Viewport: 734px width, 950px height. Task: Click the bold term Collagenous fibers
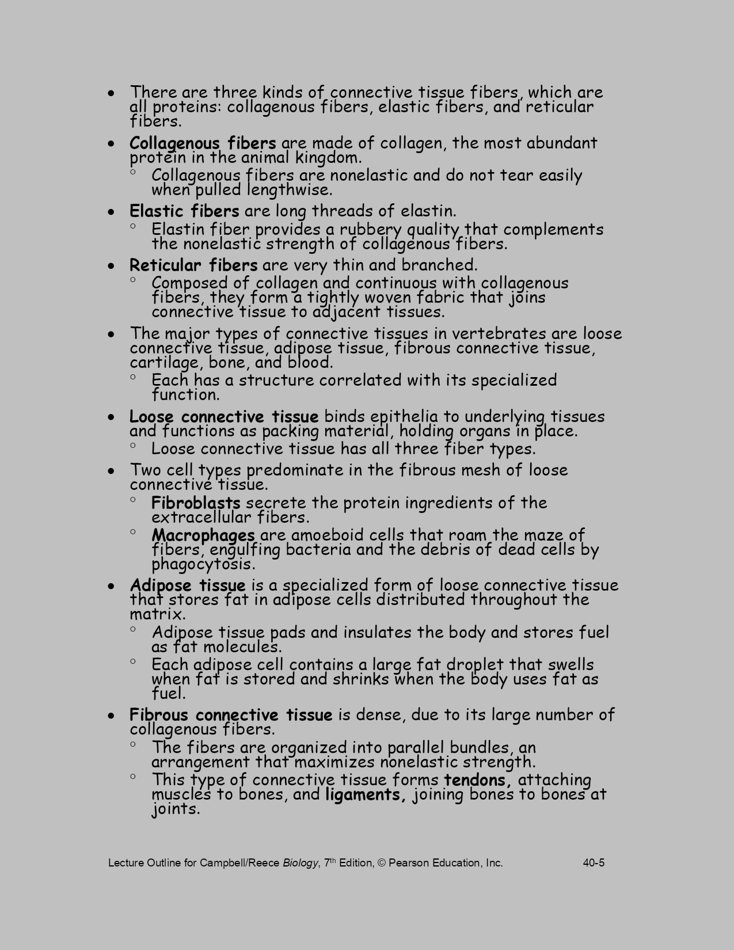click(203, 143)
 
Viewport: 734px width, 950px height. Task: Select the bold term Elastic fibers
click(184, 211)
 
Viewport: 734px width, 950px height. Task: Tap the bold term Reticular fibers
click(193, 265)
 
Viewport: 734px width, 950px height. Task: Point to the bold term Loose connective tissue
click(224, 416)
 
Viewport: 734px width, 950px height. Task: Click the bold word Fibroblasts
click(196, 503)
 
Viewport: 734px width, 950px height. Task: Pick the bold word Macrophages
click(203, 535)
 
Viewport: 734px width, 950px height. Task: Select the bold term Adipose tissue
click(188, 586)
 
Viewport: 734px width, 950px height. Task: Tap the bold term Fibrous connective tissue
click(231, 715)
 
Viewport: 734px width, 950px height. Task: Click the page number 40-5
click(594, 862)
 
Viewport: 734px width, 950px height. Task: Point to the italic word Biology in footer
click(300, 862)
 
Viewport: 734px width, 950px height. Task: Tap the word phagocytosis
click(203, 564)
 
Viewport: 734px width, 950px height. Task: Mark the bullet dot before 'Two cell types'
click(111, 471)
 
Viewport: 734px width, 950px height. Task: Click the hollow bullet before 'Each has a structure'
click(133, 377)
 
